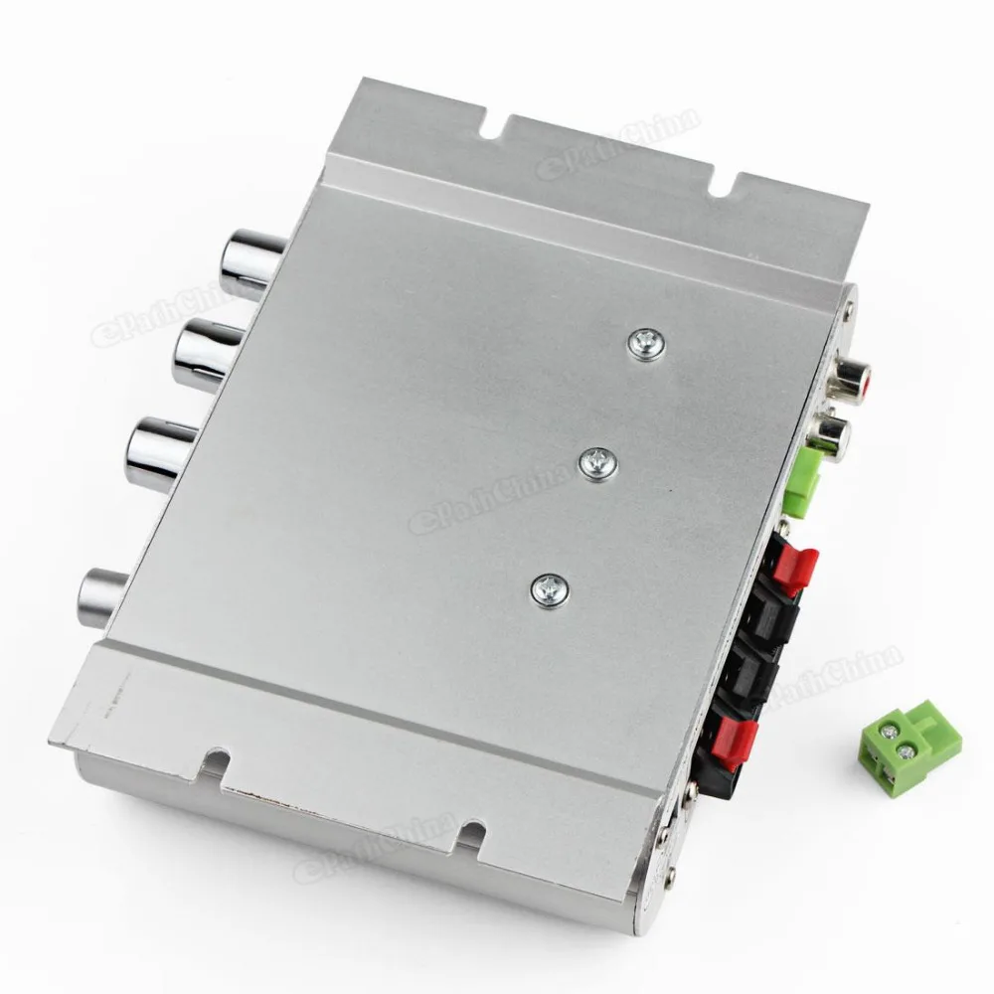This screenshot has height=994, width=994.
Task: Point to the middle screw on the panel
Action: (599, 462)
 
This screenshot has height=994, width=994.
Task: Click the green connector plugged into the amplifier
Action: (803, 480)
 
